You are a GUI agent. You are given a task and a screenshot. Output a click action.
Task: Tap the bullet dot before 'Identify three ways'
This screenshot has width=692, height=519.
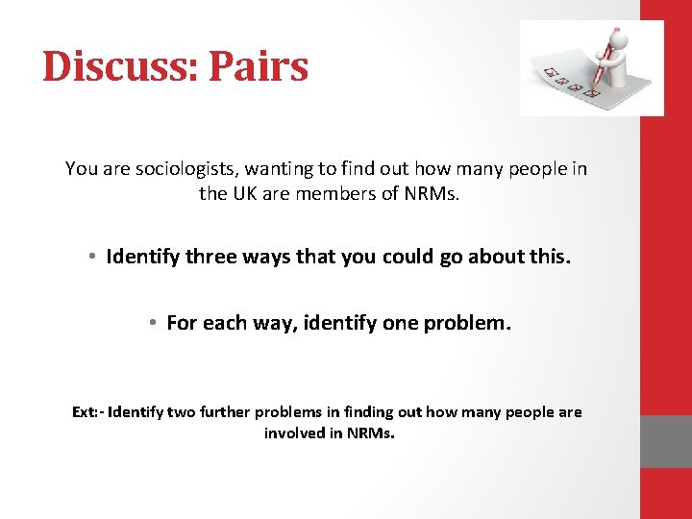[88, 258]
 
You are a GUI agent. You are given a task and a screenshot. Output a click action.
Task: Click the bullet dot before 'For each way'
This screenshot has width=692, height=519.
[151, 324]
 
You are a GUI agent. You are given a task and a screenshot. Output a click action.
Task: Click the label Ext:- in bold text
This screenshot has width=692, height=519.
[88, 412]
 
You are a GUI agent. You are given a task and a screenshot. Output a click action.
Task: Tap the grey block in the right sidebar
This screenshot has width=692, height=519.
[666, 441]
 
